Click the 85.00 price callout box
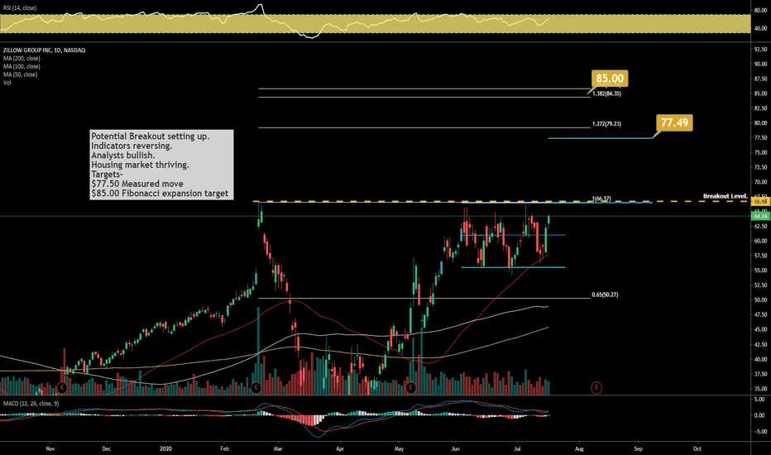pyautogui.click(x=611, y=79)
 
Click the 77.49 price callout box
pyautogui.click(x=674, y=122)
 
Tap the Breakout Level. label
pyautogui.click(x=725, y=196)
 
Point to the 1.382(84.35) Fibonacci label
pyautogui.click(x=607, y=93)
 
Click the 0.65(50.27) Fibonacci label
pyautogui.click(x=607, y=295)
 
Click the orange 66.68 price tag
pyautogui.click(x=759, y=201)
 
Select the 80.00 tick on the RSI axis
pyautogui.click(x=758, y=11)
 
